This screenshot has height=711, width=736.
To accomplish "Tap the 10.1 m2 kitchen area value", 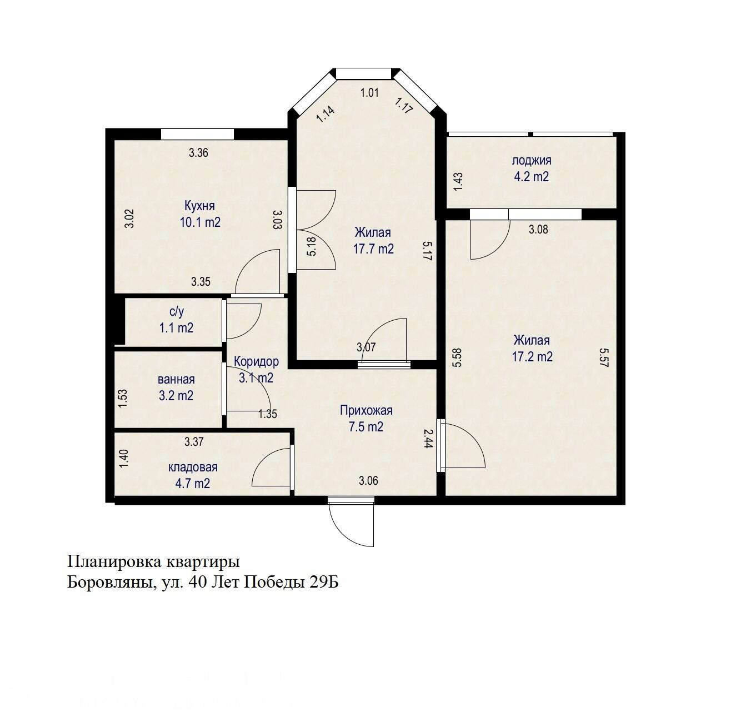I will pyautogui.click(x=200, y=222).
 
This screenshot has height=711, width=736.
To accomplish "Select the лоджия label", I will pyautogui.click(x=532, y=161).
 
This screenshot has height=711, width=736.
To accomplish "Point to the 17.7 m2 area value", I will pyautogui.click(x=373, y=248).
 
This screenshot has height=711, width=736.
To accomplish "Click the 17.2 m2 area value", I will pyautogui.click(x=532, y=356).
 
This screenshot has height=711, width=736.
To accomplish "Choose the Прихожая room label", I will pyautogui.click(x=366, y=410).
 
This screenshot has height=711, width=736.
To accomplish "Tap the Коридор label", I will pyautogui.click(x=256, y=361).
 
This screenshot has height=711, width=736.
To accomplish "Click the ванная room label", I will pyautogui.click(x=176, y=380).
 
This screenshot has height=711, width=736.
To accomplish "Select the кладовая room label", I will pyautogui.click(x=193, y=467).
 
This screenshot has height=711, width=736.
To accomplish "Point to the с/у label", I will pyautogui.click(x=176, y=312).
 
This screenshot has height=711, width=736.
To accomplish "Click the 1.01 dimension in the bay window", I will pyautogui.click(x=369, y=93).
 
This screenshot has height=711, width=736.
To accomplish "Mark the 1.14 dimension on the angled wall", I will pyautogui.click(x=326, y=114).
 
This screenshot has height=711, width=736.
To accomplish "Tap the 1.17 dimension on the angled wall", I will pyautogui.click(x=404, y=105).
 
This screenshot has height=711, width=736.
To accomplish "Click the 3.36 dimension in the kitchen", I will pyautogui.click(x=198, y=153).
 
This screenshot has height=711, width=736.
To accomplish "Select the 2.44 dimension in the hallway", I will pyautogui.click(x=428, y=438).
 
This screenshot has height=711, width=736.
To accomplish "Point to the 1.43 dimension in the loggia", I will pyautogui.click(x=458, y=182).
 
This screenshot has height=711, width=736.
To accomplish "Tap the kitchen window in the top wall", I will pyautogui.click(x=197, y=134).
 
